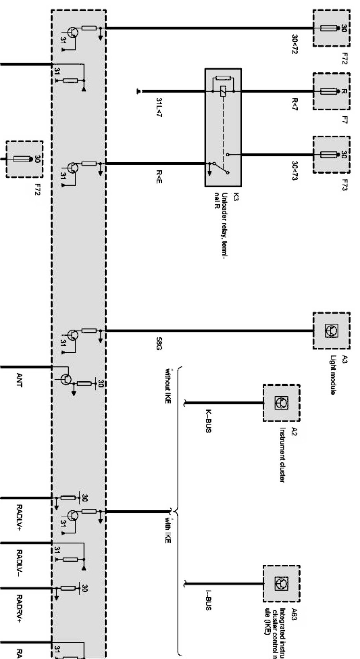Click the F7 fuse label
[345, 121]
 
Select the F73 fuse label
[345, 182]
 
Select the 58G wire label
[158, 341]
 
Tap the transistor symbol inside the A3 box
[331, 331]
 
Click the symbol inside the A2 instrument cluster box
[281, 403]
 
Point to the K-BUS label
[208, 421]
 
